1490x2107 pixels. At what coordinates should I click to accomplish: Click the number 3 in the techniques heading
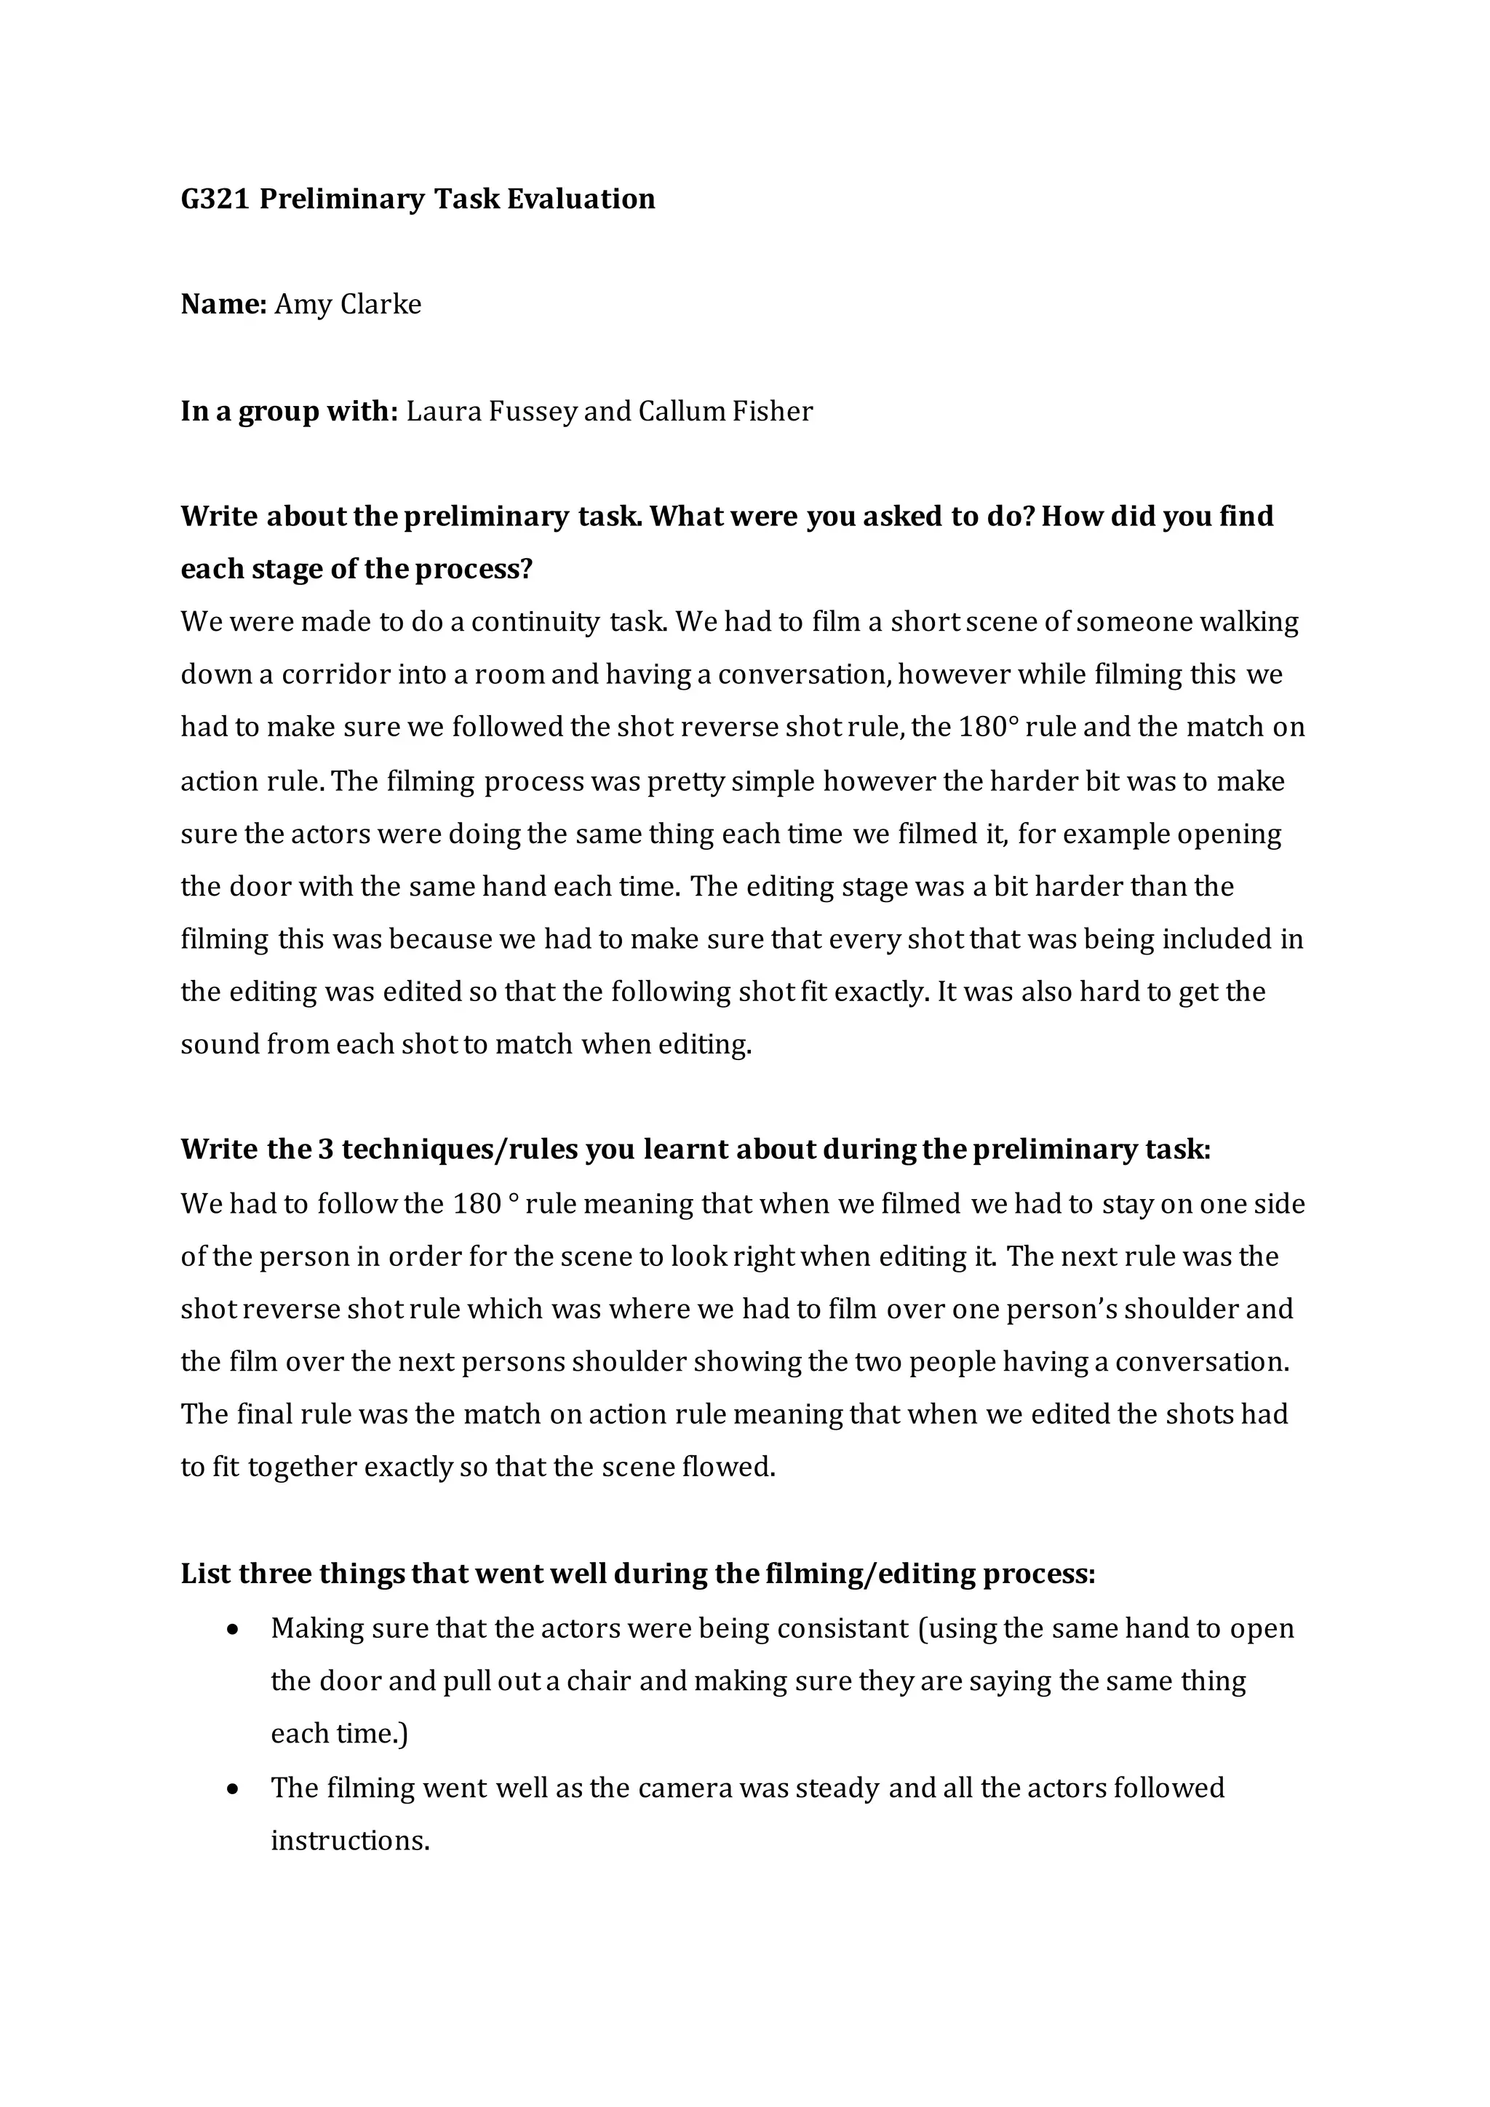[x=324, y=1150]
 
